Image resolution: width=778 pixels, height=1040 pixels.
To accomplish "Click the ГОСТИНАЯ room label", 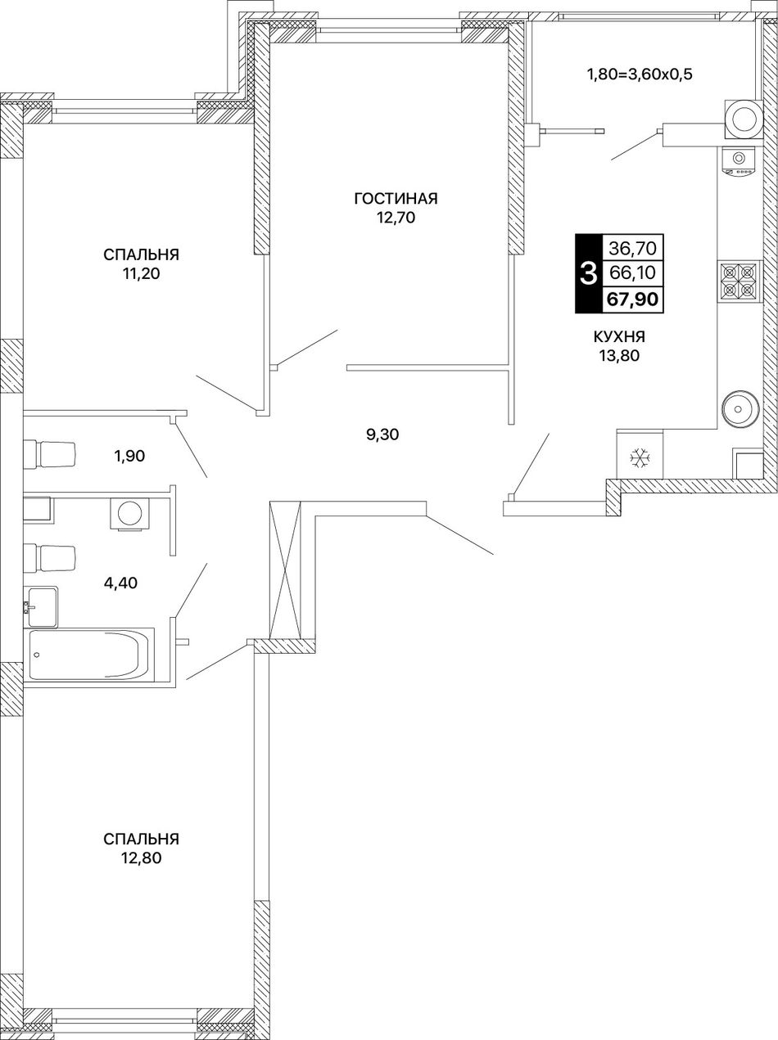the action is [396, 199].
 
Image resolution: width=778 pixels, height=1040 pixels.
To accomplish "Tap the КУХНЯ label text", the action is [619, 337].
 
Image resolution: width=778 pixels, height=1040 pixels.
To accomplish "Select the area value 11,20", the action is [142, 274].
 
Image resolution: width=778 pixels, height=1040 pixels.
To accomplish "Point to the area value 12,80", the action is [142, 526].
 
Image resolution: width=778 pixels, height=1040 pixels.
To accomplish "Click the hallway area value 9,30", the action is [382, 434].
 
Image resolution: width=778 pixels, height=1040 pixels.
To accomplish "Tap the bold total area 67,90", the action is [633, 299].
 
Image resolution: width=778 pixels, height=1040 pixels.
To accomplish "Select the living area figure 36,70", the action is [632, 247].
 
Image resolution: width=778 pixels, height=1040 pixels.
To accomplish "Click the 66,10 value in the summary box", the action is [632, 272].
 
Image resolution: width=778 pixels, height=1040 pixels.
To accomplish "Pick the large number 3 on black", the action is [588, 273].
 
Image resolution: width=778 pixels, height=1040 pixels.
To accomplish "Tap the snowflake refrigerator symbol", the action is [640, 458].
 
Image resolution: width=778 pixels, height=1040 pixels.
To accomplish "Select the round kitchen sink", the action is [741, 408].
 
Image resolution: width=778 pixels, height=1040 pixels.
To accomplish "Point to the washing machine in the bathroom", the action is [129, 513].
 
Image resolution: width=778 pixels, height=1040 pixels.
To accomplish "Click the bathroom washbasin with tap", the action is [42, 607].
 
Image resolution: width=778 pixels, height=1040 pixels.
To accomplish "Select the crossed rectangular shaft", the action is [286, 570].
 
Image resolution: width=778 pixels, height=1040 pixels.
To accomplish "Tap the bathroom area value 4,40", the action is [120, 583].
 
